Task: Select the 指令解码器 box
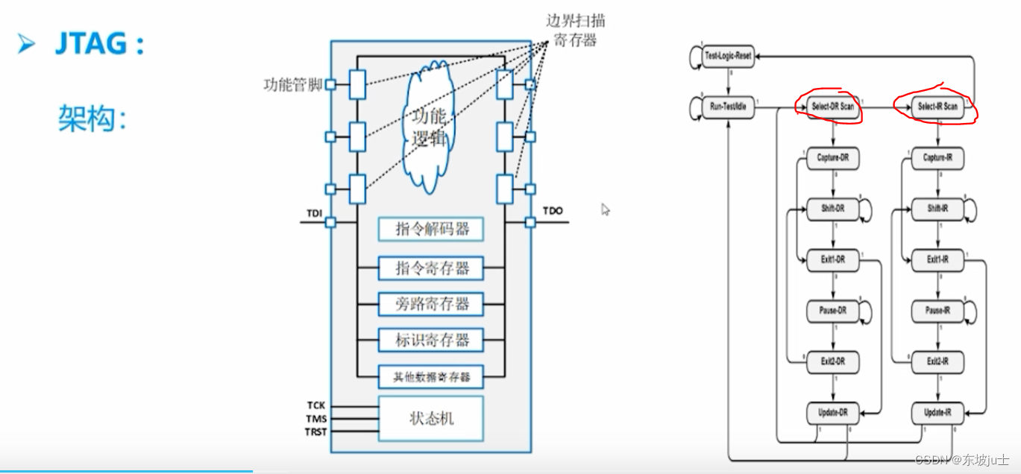[430, 229]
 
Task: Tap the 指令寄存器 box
[430, 268]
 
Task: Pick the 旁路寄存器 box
[430, 304]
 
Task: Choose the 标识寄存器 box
[430, 341]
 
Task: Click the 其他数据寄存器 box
[430, 376]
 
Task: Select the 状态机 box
[430, 418]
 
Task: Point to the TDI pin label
[314, 213]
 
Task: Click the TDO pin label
[553, 211]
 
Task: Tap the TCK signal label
[315, 405]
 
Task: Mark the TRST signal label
[315, 432]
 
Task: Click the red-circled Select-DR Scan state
[832, 107]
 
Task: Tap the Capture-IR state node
[937, 158]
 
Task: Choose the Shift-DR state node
[832, 209]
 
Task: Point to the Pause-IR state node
[937, 311]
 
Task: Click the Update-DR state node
[832, 412]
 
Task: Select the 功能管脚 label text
[293, 85]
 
